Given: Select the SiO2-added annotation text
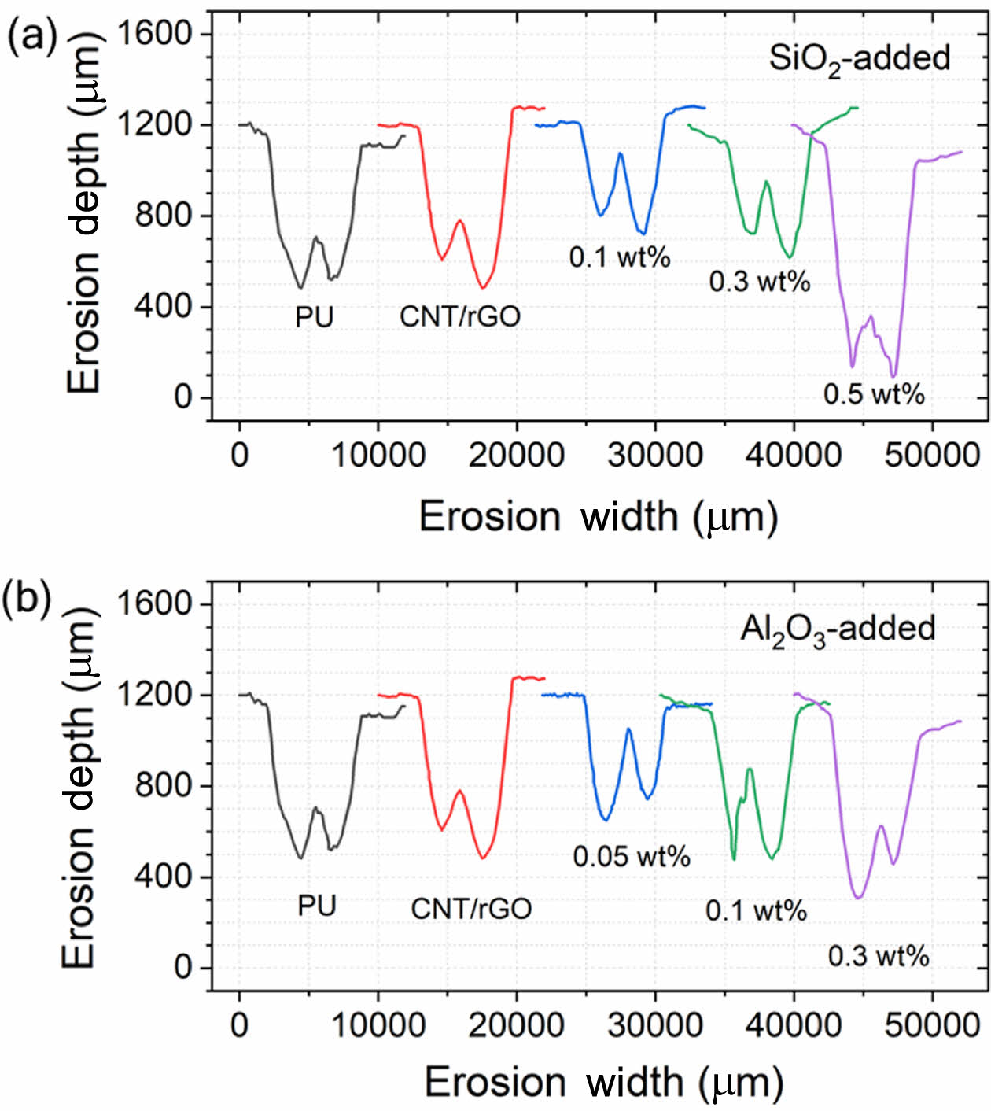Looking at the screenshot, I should tap(859, 59).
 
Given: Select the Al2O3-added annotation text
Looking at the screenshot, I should tap(838, 629).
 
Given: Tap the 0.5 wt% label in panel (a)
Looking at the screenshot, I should tap(874, 393).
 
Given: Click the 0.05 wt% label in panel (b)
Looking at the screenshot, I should tap(632, 856).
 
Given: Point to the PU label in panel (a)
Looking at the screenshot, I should tap(315, 317).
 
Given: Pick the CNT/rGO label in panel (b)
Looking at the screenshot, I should tap(471, 909).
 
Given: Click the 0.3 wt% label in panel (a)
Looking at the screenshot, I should tap(760, 281).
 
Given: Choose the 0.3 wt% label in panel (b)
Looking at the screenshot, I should tap(879, 957).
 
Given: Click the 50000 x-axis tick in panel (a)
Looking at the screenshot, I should tap(932, 456).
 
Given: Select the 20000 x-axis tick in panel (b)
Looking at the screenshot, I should tap(517, 1025).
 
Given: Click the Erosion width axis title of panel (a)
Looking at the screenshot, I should tap(598, 517).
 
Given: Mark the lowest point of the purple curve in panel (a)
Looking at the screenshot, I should tap(893, 377).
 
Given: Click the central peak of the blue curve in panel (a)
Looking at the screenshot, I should tap(621, 153).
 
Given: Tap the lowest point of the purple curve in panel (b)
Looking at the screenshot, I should tap(858, 898).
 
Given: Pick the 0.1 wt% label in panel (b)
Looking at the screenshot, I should tap(756, 911).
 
